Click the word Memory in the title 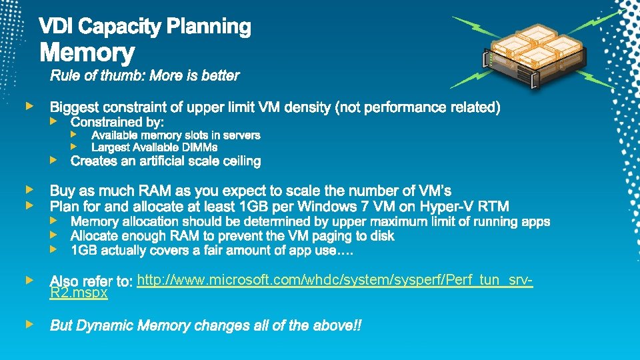coord(87,53)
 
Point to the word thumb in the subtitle coord(125,75)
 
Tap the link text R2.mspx coord(79,293)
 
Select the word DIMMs coord(201,147)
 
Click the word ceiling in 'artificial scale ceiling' coord(239,161)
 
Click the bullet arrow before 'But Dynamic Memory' coord(29,325)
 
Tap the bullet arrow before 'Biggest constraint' coord(29,106)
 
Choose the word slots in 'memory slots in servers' coord(189,135)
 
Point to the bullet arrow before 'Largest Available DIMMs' coord(75,147)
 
